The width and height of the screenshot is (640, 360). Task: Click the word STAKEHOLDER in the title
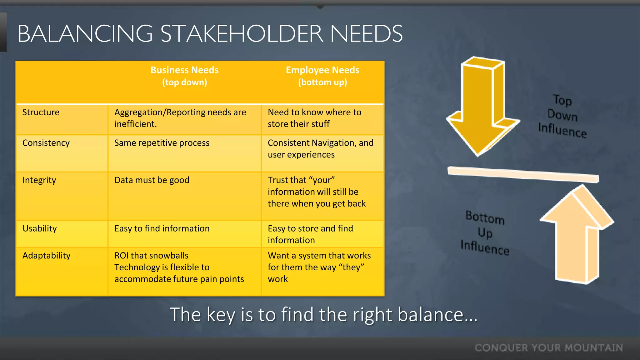(x=242, y=34)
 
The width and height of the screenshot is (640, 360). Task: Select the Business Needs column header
(x=184, y=76)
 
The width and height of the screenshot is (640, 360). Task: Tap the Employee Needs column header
(x=322, y=76)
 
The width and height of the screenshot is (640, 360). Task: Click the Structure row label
(x=41, y=112)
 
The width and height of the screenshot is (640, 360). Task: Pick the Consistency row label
(x=46, y=143)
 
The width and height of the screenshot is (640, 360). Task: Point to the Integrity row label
(x=39, y=180)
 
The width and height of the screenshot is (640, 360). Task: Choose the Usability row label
(x=40, y=228)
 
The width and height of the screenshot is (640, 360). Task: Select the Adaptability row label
(x=47, y=256)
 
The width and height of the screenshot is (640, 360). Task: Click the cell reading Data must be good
(x=152, y=180)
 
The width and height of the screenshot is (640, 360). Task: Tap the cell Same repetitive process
(x=162, y=143)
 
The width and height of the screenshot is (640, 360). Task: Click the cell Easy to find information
(x=162, y=228)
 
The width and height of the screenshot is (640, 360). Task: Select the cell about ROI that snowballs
(x=179, y=267)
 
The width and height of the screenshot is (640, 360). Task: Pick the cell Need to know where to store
(x=314, y=118)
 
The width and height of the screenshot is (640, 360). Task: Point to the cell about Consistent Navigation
(x=320, y=149)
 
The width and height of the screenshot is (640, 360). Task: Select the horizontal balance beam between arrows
(x=523, y=174)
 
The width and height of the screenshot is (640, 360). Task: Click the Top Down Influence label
(x=562, y=116)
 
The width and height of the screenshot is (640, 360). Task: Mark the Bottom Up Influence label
(x=485, y=233)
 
